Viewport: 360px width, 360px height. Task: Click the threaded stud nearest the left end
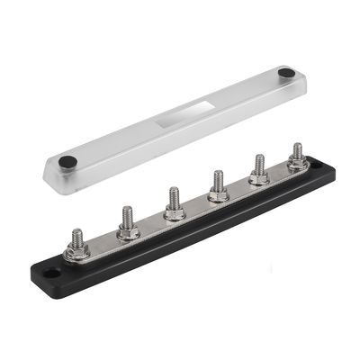[78, 238]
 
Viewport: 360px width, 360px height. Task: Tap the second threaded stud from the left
[128, 218]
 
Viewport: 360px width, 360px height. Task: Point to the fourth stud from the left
[217, 182]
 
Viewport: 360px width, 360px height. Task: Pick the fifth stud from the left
[259, 166]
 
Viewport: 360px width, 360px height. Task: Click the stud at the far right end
[298, 151]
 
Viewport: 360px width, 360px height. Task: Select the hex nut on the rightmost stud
[298, 163]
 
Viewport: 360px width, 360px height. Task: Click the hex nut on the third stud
[175, 212]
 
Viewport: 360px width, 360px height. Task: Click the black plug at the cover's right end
[285, 72]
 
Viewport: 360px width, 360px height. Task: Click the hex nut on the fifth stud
[259, 178]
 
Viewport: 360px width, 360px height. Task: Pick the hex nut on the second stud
[128, 231]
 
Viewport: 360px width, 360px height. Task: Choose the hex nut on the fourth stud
[217, 194]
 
